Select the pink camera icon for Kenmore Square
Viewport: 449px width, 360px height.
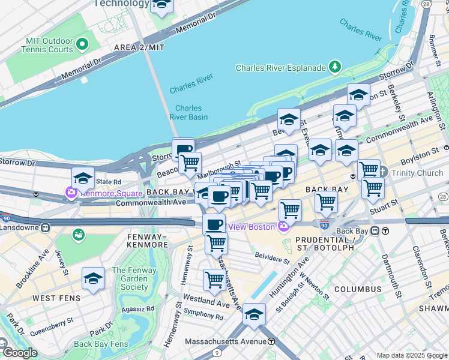[71, 193]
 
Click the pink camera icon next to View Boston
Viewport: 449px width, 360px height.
[283, 226]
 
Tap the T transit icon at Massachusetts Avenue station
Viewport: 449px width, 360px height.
[271, 341]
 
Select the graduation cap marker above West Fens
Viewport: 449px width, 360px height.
[93, 278]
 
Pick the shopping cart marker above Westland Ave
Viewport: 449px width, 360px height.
[214, 278]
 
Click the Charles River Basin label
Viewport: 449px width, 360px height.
[188, 113]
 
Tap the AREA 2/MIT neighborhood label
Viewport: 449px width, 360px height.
[139, 47]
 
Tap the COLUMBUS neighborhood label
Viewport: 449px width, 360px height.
[358, 289]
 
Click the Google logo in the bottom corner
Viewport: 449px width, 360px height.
[20, 353]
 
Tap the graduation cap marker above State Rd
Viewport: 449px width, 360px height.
[83, 178]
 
